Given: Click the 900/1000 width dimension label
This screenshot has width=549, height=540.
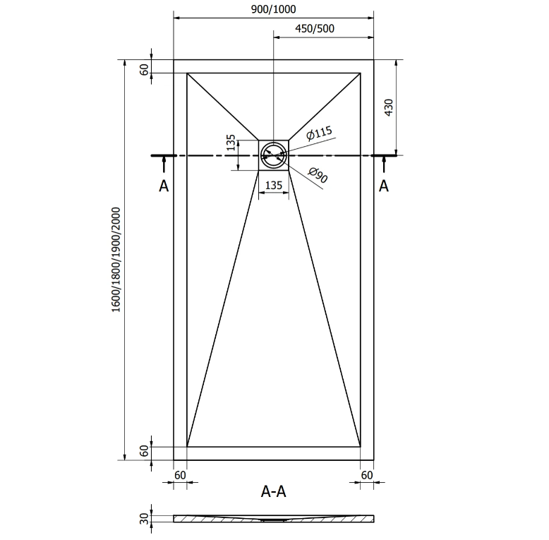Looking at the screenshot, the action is coord(274,9).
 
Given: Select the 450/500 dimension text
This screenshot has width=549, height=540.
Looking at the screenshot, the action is coord(315,28).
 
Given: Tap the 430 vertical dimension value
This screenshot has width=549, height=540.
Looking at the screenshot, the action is coord(389,107).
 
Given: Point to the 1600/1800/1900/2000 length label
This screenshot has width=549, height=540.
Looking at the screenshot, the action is coord(116,260).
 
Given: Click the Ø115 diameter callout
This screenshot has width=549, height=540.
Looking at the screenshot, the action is coord(318,133).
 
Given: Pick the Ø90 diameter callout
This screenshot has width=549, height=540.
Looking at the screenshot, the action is coord(318,175).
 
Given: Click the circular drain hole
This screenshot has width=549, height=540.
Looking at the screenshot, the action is coord(274,155).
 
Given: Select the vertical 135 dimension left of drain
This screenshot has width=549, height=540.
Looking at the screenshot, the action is coord(230,143).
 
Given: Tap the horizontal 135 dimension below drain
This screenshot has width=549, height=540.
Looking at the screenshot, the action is coord(274,185).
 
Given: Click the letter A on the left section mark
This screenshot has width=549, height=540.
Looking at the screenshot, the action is coord(164,186).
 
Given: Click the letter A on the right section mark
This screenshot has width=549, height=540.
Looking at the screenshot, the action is coord(384,186).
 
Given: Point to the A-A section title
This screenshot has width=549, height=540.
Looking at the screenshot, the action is coord(274,491).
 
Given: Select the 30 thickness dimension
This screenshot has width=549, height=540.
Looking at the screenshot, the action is coord(144,519).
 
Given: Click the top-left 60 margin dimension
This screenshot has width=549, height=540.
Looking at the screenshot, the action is coord(144,70).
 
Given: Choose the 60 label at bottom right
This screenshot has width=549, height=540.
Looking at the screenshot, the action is coord(367,475).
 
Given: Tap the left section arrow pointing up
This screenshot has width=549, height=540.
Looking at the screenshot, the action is coord(164,164).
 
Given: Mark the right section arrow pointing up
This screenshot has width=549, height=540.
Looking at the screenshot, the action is coord(384,164).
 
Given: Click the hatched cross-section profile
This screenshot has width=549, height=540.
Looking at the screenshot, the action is coord(274,519).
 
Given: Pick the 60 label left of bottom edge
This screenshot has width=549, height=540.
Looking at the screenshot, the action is coord(144,450).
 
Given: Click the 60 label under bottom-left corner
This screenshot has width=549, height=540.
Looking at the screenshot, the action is coord(180,475).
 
